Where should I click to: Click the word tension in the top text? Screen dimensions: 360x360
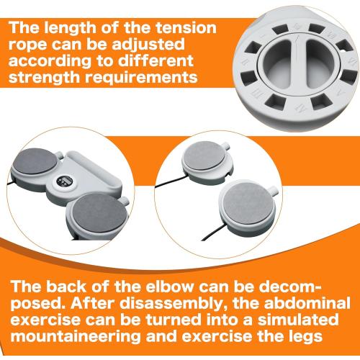pyautogui.click(x=186, y=27)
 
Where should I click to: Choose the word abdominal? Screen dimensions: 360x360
pyautogui.click(x=307, y=303)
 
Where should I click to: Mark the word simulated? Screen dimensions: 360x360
pyautogui.click(x=298, y=320)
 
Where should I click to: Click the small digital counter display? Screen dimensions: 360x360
pyautogui.click(x=66, y=181)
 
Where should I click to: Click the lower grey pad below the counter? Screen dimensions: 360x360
pyautogui.click(x=100, y=213)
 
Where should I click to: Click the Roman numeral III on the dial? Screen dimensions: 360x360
pyautogui.click(x=258, y=96)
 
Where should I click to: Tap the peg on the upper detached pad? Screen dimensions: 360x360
pyautogui.click(x=225, y=145)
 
